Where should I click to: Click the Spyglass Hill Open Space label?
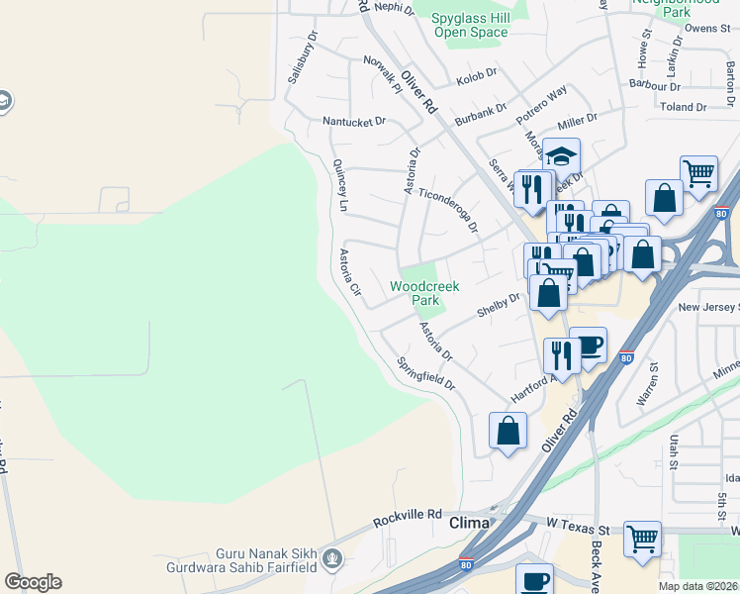470,25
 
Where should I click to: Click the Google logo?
33,582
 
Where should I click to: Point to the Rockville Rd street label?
407,516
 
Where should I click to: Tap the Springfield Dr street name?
425,372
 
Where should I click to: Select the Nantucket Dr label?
354,122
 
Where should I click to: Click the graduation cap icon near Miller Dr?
561,156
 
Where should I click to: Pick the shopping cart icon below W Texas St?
642,539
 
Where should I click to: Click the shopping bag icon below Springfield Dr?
508,431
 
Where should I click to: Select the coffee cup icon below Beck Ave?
535,579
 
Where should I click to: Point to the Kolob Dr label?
474,80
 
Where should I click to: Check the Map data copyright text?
697,586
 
